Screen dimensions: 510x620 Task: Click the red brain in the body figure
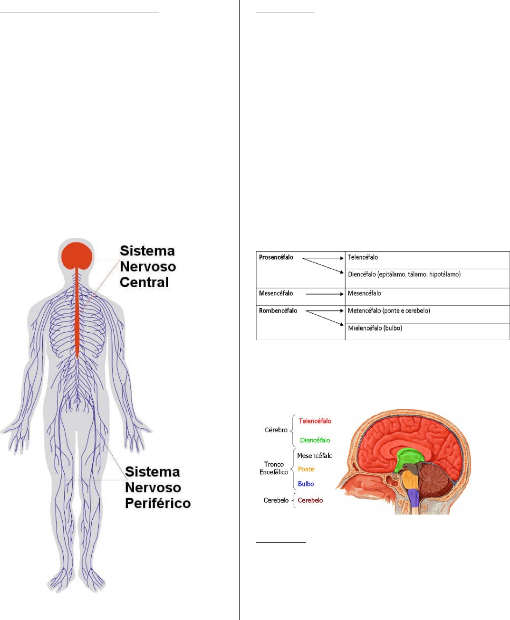(77, 255)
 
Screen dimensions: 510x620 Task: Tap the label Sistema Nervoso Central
(147, 267)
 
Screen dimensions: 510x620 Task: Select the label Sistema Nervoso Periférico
(157, 488)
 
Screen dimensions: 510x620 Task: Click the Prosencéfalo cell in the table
(276, 257)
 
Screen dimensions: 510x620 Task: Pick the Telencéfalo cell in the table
(363, 257)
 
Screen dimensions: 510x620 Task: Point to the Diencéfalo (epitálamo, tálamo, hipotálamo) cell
(404, 274)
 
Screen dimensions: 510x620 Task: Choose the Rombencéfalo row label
(278, 311)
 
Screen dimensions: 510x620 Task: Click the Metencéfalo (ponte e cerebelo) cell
(389, 311)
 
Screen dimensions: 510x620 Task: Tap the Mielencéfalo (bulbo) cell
(375, 328)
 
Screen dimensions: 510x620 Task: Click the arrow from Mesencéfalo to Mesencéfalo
(324, 294)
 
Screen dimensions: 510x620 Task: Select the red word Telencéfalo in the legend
(315, 421)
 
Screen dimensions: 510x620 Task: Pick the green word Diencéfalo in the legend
(315, 440)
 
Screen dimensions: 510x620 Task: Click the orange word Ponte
(306, 469)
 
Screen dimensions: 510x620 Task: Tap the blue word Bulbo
(306, 484)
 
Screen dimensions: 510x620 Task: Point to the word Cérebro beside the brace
(276, 430)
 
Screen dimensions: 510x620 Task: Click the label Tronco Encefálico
(274, 468)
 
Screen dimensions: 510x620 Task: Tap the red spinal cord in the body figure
(77, 313)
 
